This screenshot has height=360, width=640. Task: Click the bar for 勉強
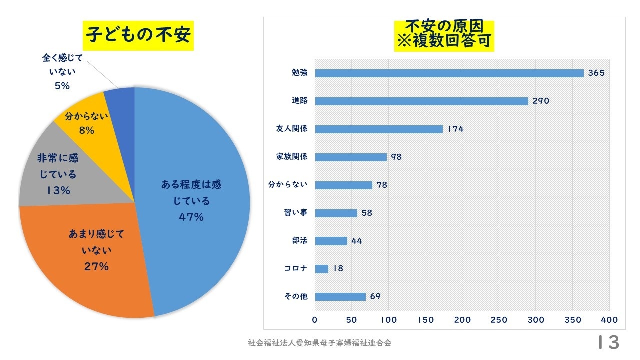click(449, 73)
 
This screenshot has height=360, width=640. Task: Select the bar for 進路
click(421, 101)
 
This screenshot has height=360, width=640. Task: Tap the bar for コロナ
click(322, 269)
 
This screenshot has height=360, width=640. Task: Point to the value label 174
click(456, 129)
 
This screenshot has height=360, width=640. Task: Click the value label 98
click(396, 157)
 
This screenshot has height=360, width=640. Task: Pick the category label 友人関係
click(292, 129)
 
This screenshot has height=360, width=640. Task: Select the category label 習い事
click(296, 213)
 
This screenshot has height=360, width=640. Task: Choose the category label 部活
click(299, 241)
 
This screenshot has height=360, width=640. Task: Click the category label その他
click(296, 297)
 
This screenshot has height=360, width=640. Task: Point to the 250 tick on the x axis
click(499, 320)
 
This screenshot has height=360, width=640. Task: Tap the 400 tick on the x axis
click(609, 320)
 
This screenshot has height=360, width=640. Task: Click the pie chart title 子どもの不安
click(138, 36)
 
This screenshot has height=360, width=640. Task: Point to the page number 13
click(608, 343)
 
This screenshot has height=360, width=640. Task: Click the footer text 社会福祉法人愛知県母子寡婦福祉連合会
click(320, 343)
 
